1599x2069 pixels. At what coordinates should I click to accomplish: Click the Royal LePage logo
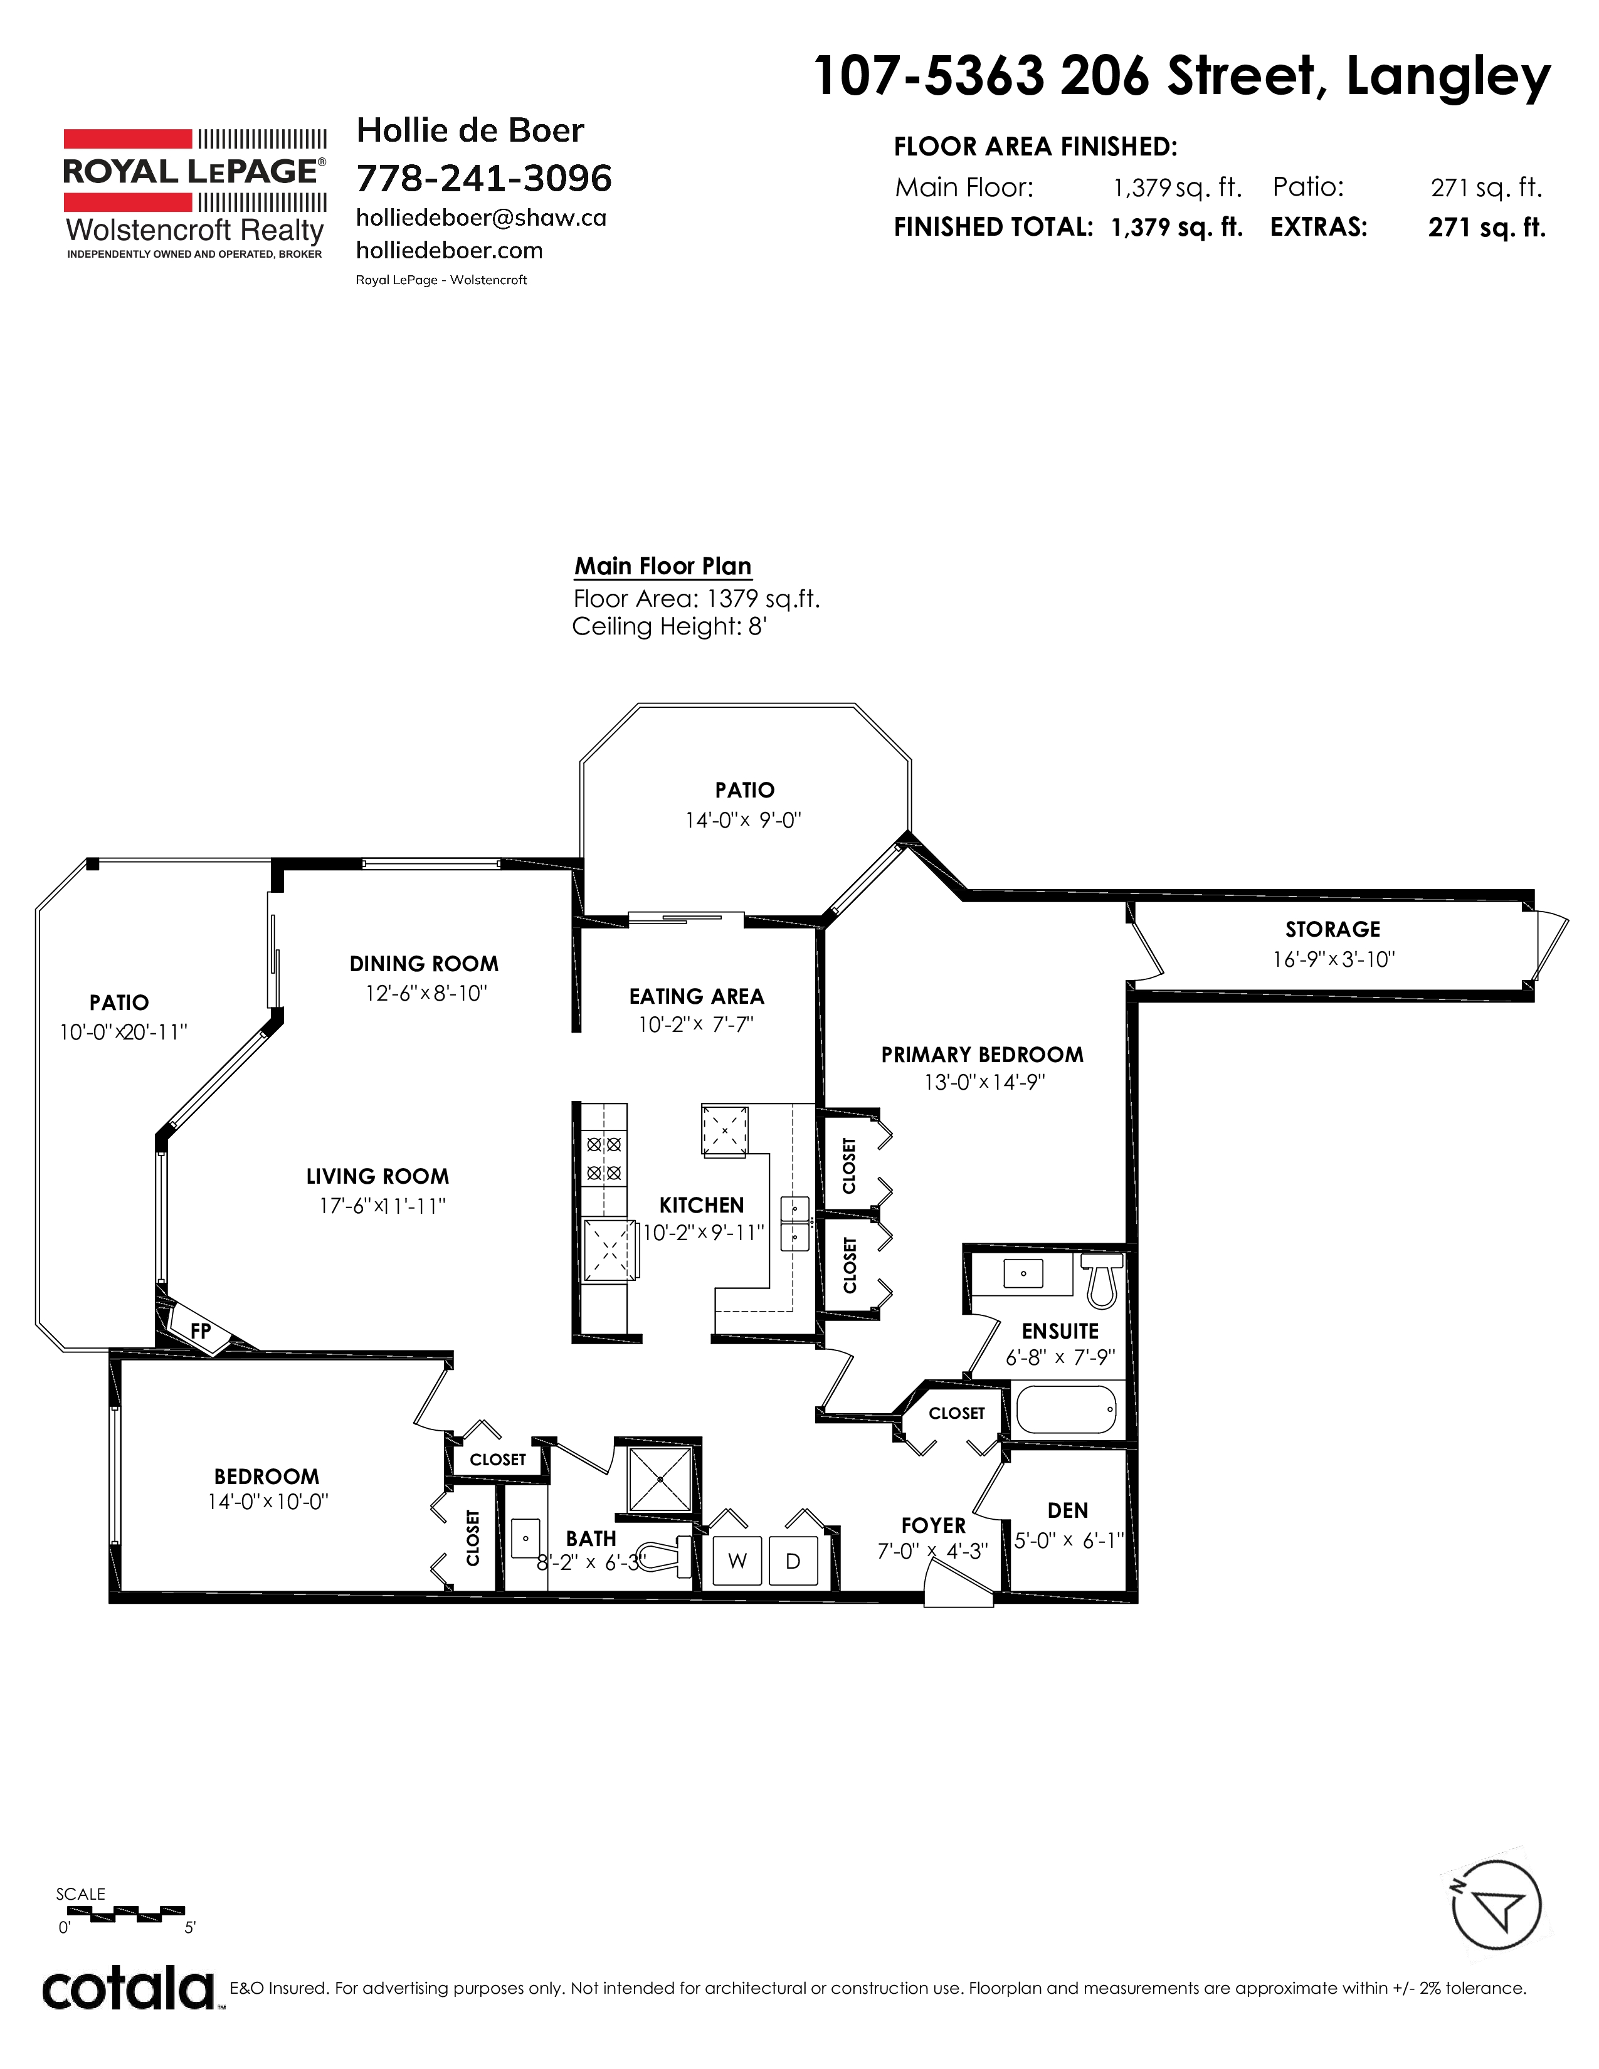195,193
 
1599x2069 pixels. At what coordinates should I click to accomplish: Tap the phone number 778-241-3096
484,178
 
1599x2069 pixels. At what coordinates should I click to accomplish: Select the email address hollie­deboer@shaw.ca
481,218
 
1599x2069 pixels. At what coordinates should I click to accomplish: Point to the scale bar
125,1913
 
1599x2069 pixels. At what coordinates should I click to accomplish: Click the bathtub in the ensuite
1065,1409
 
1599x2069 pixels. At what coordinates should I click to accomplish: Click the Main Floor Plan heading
663,567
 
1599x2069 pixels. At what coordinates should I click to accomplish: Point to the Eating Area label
696,997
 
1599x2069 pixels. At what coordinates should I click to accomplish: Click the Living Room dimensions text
382,1206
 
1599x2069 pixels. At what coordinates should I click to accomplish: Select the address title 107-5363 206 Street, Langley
1182,76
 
